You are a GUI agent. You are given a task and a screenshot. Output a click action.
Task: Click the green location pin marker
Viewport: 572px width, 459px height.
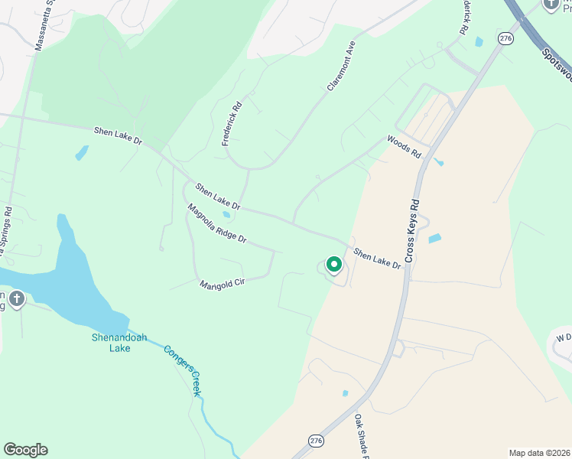333,265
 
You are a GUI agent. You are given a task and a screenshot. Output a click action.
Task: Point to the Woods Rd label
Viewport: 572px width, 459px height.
404,146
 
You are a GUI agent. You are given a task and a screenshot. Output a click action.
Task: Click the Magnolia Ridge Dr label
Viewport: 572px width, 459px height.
217,223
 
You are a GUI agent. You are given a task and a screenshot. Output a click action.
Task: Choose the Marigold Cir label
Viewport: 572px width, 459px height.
222,283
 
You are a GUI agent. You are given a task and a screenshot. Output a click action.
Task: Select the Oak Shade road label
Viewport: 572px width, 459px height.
362,436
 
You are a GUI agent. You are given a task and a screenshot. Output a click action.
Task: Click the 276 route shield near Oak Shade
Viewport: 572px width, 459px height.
316,440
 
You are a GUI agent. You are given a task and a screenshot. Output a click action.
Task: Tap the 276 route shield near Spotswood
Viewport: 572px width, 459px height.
505,38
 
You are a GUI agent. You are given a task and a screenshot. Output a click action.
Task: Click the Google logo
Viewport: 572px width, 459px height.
25,450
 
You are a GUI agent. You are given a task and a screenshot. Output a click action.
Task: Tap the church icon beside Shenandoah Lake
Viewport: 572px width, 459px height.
16,298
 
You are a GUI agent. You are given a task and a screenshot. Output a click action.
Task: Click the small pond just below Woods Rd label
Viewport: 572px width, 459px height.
438,162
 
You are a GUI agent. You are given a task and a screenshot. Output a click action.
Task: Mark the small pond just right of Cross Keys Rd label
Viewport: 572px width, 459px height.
434,239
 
